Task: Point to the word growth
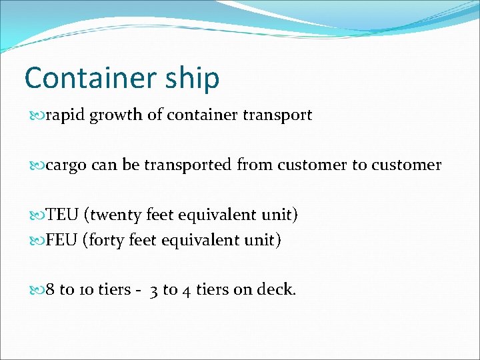pyautogui.click(x=117, y=115)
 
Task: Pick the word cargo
pyautogui.click(x=66, y=165)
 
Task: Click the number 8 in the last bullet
pyautogui.click(x=51, y=290)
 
